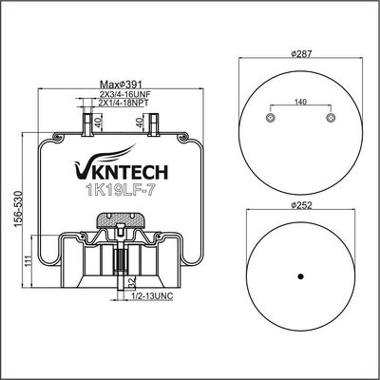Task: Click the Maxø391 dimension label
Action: click(x=120, y=85)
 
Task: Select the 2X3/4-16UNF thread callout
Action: click(x=124, y=94)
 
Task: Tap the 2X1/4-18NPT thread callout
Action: click(x=123, y=103)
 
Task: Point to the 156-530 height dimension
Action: click(x=18, y=209)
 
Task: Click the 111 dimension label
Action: click(x=28, y=261)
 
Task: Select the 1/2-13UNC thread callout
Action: click(x=152, y=296)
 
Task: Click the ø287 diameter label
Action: click(x=301, y=54)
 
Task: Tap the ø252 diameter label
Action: click(x=301, y=205)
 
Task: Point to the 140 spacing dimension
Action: click(x=300, y=102)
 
